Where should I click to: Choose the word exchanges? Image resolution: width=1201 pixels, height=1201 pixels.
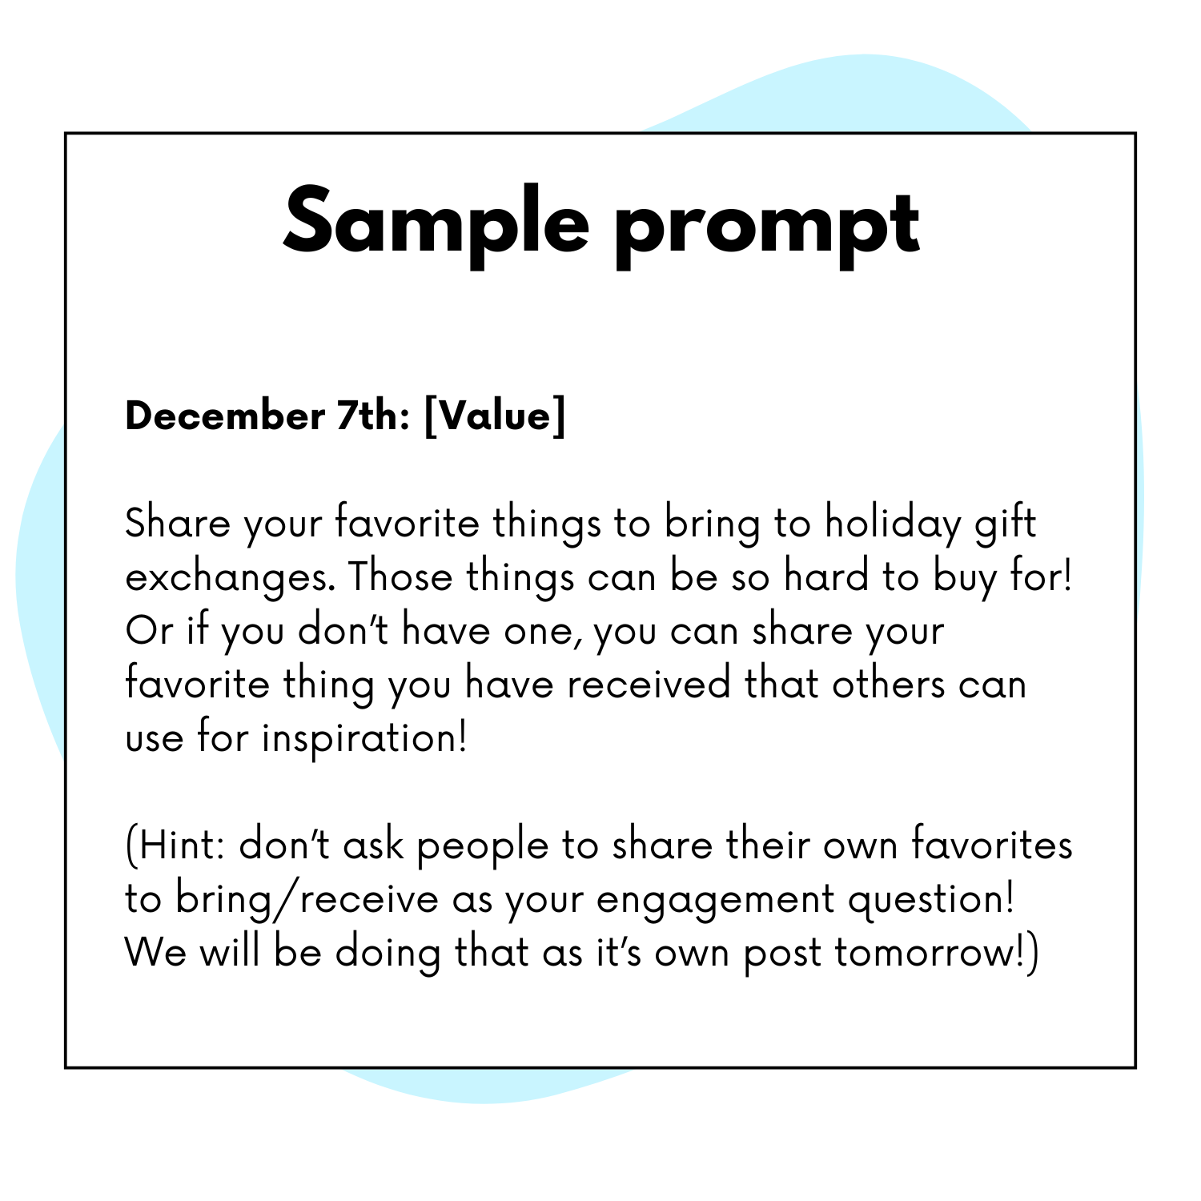coord(231,578)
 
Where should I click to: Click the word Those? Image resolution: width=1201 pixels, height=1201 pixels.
coord(400,576)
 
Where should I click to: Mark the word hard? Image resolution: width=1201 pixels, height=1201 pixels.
coord(826,576)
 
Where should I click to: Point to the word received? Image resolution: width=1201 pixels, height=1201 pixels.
coord(649,685)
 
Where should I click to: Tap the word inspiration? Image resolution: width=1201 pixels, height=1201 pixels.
coord(364,738)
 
